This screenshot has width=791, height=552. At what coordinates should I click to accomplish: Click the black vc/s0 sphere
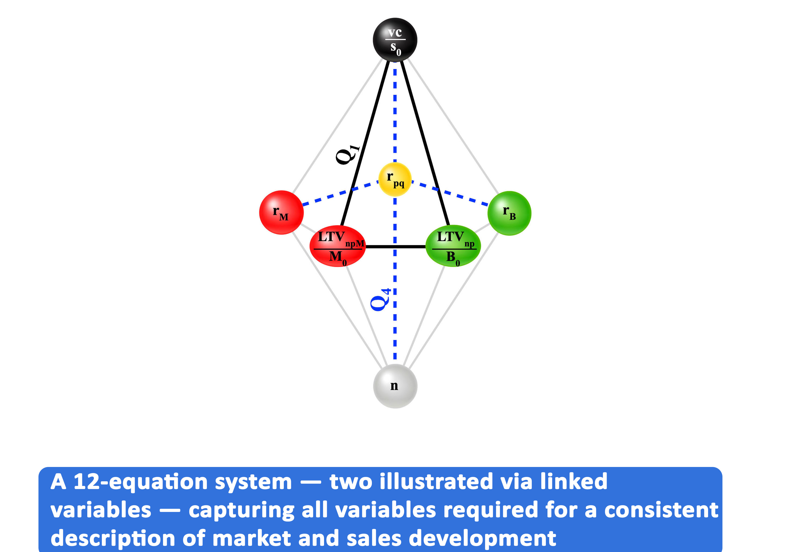395,40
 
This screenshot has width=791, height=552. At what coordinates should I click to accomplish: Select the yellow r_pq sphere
395,179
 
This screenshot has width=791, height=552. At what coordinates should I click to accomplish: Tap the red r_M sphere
281,212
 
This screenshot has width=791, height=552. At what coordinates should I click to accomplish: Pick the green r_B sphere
509,213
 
